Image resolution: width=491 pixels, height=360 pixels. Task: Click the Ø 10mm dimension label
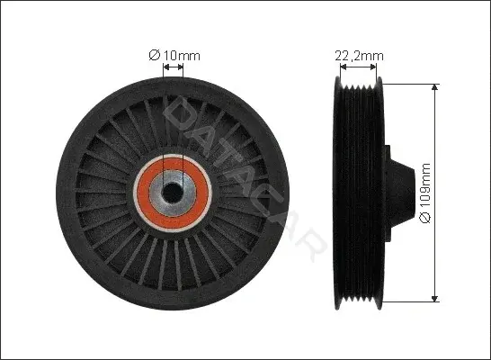[x=174, y=56]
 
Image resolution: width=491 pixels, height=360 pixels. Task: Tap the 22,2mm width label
[x=359, y=56]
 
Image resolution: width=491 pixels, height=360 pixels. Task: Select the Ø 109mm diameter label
[x=426, y=193]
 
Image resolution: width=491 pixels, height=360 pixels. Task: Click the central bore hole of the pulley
[x=172, y=193]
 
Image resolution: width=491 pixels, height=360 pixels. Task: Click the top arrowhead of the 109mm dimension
[x=434, y=87]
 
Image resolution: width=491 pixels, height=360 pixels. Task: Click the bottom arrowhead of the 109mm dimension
[x=434, y=299]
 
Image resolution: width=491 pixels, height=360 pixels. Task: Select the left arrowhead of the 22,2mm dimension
[x=344, y=67]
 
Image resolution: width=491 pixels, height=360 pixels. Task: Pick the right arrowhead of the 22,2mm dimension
[x=373, y=67]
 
